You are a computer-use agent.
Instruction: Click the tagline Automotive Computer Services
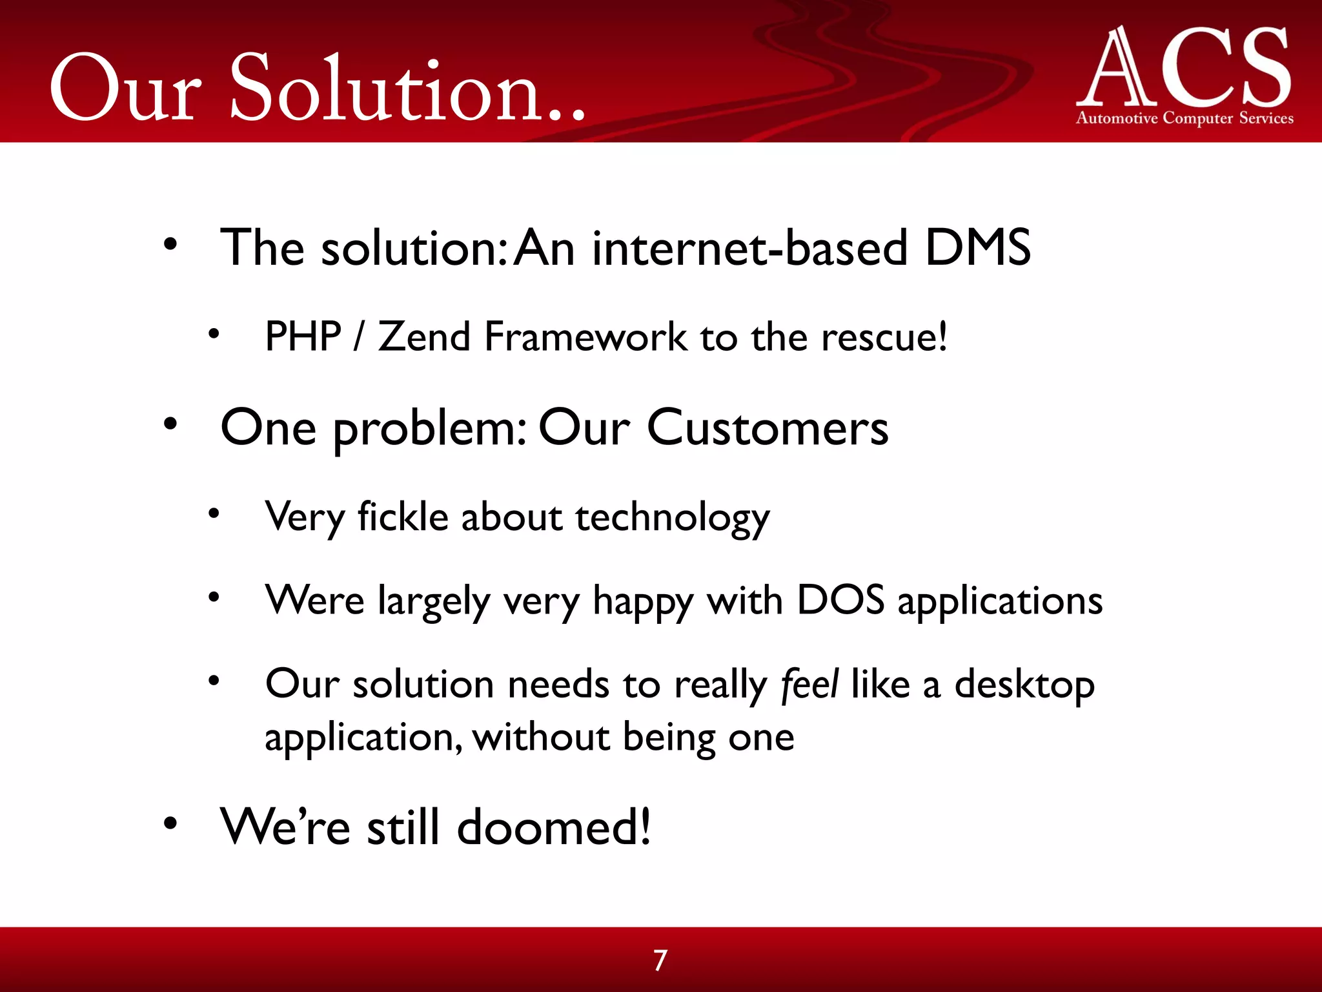[1185, 118]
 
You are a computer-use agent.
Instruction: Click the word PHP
[303, 336]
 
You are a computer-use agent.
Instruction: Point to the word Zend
[424, 336]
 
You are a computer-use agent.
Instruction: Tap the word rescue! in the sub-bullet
[884, 337]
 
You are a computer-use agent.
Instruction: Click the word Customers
[768, 428]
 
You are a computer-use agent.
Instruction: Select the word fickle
[403, 517]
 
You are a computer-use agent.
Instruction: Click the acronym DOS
[840, 600]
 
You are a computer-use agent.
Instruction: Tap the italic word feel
[809, 683]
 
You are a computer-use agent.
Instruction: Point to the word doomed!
[554, 827]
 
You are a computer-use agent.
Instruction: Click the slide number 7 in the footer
[660, 960]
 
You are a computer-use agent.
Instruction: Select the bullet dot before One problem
[170, 424]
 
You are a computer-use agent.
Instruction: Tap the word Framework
[585, 336]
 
